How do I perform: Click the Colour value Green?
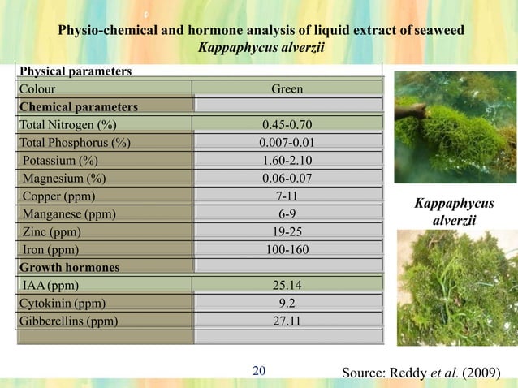(287, 89)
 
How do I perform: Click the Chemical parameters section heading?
(78, 107)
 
